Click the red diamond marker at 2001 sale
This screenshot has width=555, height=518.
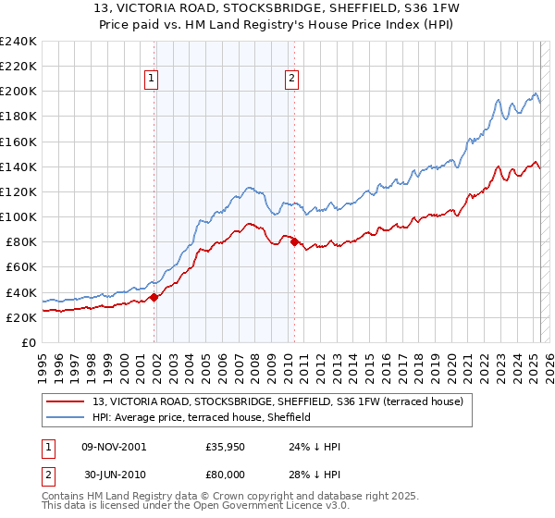pyautogui.click(x=154, y=297)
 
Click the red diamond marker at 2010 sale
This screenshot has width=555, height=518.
pyautogui.click(x=295, y=242)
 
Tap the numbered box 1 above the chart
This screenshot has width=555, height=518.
pyautogui.click(x=151, y=80)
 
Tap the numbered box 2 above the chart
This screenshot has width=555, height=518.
pyautogui.click(x=291, y=80)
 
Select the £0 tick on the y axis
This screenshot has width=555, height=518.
pyautogui.click(x=29, y=342)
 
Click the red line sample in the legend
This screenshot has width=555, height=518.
pyautogui.click(x=66, y=401)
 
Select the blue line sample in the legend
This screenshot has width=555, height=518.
pyautogui.click(x=66, y=417)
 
